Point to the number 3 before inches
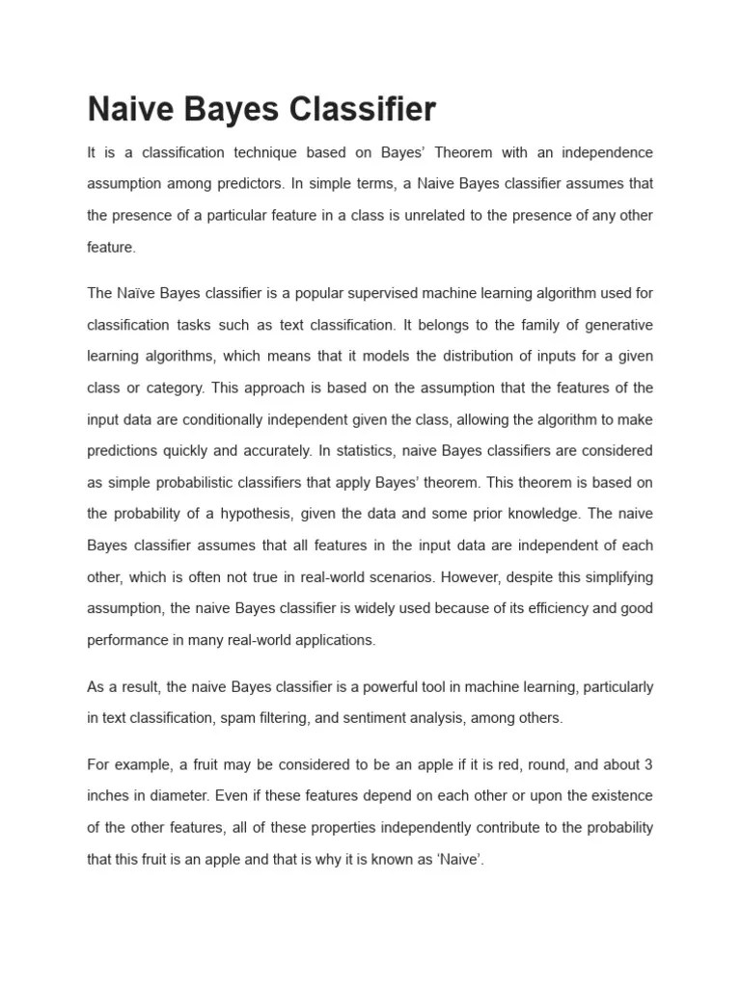coord(648,765)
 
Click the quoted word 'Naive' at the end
coord(459,860)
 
